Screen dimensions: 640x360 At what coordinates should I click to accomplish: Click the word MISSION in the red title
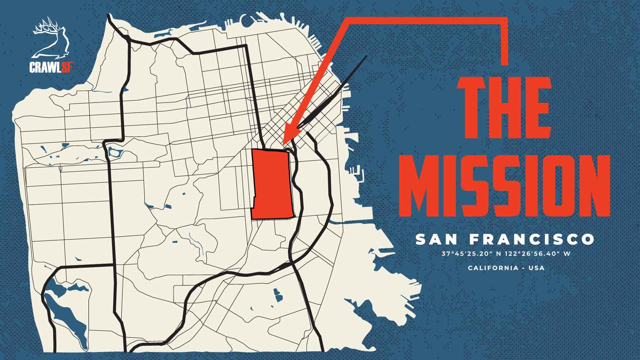pyautogui.click(x=505, y=185)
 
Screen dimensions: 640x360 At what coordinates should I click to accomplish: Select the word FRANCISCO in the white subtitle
pyautogui.click(x=532, y=240)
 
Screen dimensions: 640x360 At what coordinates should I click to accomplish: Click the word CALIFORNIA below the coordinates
pyautogui.click(x=493, y=268)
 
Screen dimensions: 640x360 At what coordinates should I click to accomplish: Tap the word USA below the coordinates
pyautogui.click(x=536, y=268)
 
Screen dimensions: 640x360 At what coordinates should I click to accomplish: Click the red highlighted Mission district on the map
pyautogui.click(x=272, y=184)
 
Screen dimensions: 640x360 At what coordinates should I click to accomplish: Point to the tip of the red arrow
pyautogui.click(x=284, y=143)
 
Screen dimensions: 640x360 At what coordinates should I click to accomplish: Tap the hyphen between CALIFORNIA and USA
pyautogui.click(x=523, y=268)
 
